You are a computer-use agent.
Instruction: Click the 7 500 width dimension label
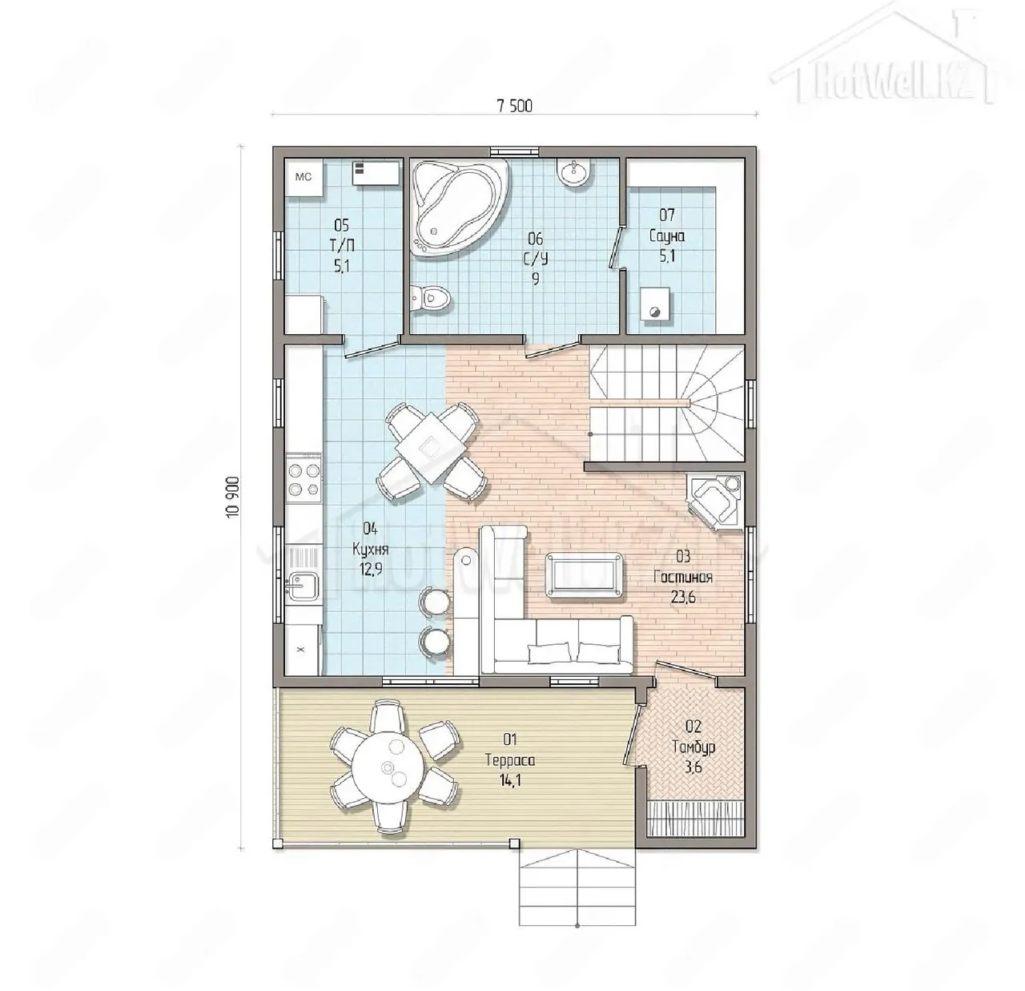tap(514, 107)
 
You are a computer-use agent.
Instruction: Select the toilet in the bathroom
tap(431, 299)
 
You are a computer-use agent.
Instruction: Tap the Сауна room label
tap(667, 236)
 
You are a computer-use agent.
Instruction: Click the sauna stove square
tap(655, 304)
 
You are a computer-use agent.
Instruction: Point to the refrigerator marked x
tap(303, 650)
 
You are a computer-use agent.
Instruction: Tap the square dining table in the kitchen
tap(431, 449)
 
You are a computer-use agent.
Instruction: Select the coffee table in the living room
tap(584, 574)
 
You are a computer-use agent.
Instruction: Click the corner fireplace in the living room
tap(715, 501)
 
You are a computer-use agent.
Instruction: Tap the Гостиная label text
tap(683, 577)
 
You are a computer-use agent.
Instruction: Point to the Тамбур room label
tap(693, 747)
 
